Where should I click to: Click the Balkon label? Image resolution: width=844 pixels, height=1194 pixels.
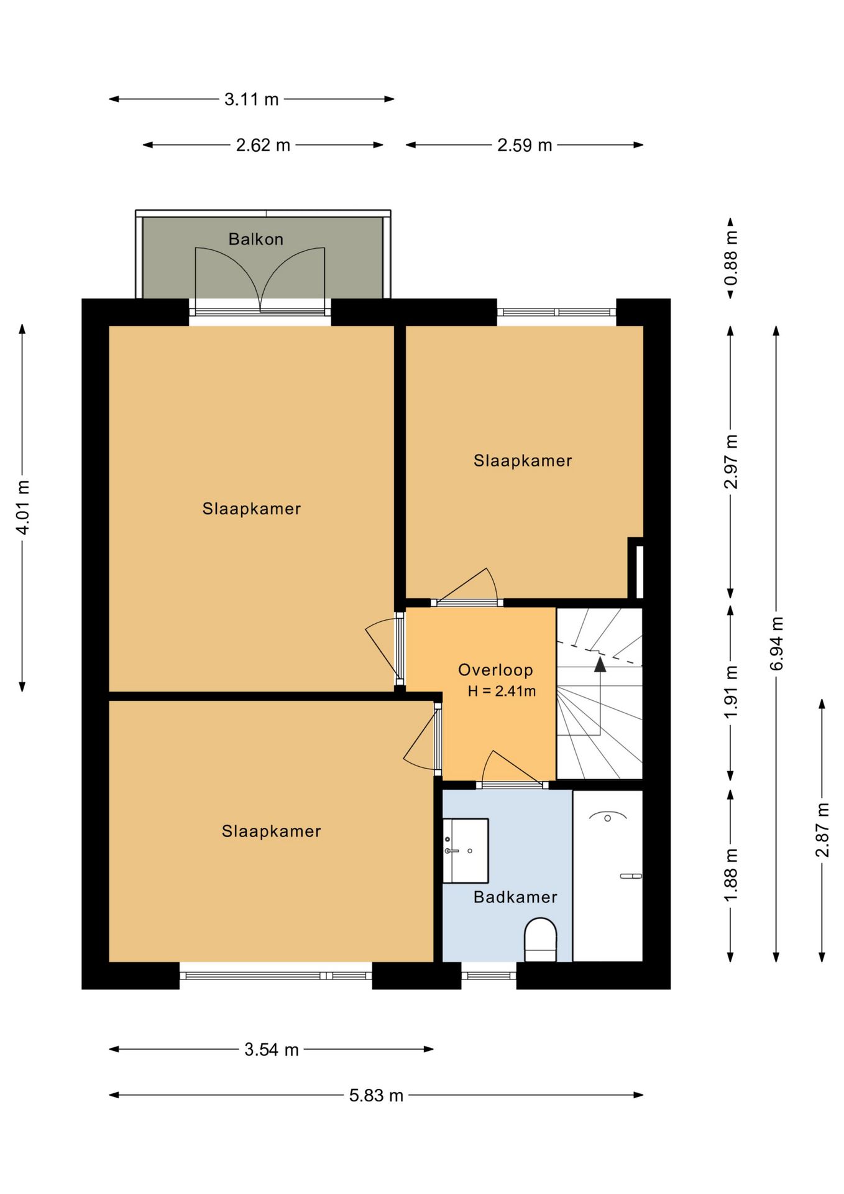click(255, 239)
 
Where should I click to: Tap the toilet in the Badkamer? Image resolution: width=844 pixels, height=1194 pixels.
click(540, 940)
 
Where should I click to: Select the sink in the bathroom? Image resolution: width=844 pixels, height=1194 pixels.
click(466, 850)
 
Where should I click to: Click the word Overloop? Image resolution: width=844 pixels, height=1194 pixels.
click(495, 670)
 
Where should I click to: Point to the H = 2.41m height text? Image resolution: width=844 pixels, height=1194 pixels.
click(502, 691)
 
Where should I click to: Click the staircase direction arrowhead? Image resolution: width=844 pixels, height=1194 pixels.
click(600, 665)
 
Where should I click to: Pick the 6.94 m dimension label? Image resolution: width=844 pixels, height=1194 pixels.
click(776, 644)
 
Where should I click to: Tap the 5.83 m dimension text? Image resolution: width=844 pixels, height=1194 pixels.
click(376, 1095)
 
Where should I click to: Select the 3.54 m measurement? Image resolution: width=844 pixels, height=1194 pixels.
click(272, 1050)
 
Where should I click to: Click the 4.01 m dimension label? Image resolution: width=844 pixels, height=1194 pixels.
click(22, 507)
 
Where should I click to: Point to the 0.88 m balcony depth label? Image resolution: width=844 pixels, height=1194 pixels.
click(731, 258)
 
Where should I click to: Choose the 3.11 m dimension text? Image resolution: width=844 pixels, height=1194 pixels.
click(251, 99)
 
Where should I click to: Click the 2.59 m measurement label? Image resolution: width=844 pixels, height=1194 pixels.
click(525, 145)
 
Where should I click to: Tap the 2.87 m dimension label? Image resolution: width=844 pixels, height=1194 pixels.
click(822, 830)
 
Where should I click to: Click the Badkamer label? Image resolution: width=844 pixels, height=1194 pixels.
click(515, 897)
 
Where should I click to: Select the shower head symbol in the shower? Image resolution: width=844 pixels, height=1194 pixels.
click(608, 817)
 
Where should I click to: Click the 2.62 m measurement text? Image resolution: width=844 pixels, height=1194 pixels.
click(263, 145)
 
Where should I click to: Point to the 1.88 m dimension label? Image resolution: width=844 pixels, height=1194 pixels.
click(731, 874)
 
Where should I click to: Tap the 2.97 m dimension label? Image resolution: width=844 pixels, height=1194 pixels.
click(731, 462)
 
